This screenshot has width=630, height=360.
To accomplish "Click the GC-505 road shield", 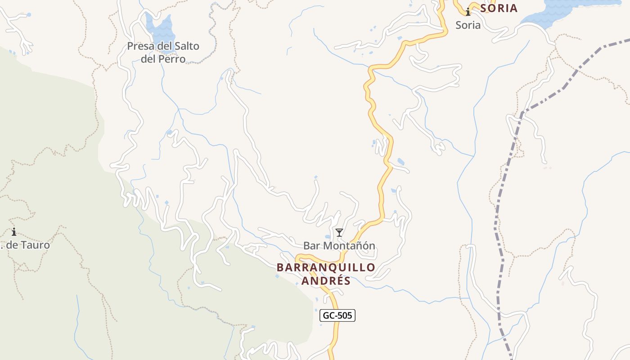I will (337, 315).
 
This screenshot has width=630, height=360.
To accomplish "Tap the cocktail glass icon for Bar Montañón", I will (339, 232).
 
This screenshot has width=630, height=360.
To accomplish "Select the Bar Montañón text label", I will (339, 246).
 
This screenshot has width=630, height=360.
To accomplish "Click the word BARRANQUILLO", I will (326, 267).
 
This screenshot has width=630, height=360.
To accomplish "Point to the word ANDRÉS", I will (326, 281).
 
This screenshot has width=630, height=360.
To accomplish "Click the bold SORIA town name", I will (499, 8).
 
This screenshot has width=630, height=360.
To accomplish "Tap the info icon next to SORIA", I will (468, 12).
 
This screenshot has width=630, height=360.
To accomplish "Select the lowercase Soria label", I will (468, 25).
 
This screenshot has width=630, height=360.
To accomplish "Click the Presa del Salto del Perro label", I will (163, 52).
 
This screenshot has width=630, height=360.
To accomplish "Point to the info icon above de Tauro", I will (14, 232).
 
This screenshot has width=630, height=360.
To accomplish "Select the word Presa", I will (140, 46).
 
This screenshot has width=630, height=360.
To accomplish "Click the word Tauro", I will (36, 245).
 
